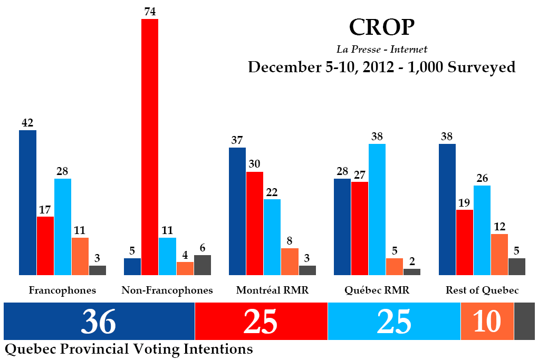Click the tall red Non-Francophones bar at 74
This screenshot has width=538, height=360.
tap(150, 147)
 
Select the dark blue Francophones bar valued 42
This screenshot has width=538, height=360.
tap(27, 202)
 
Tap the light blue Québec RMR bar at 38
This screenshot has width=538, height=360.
tap(377, 209)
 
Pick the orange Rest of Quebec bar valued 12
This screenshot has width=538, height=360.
tap(499, 255)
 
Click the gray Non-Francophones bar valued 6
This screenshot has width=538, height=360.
tap(203, 265)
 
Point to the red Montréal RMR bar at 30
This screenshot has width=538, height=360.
tap(255, 223)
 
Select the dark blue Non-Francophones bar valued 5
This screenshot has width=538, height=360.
tap(132, 267)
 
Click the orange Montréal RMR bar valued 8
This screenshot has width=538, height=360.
tap(290, 261)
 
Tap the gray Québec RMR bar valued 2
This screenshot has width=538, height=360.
tap(411, 272)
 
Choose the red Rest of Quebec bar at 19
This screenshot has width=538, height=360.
tap(464, 242)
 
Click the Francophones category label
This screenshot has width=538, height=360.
tap(62, 290)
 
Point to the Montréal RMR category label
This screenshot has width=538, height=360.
tap(272, 290)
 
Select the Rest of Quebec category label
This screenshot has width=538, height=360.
tap(482, 290)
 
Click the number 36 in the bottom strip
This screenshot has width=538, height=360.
tap(99, 322)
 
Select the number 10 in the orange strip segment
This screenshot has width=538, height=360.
tap(486, 322)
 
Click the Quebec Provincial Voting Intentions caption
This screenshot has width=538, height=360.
tap(129, 349)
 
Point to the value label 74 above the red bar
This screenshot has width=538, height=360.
tap(150, 12)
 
